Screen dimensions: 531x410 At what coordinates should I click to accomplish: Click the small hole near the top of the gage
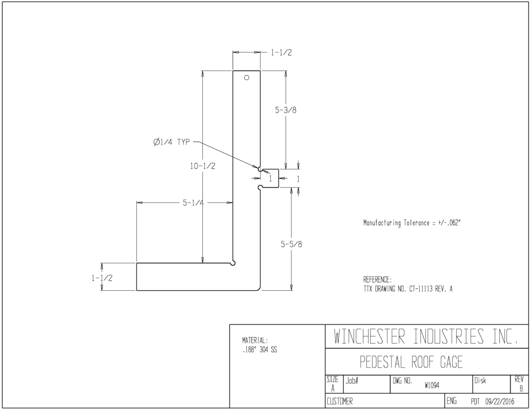point(246,78)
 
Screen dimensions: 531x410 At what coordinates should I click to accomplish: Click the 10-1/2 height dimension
point(203,166)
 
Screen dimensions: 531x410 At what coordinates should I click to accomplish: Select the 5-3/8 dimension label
point(286,110)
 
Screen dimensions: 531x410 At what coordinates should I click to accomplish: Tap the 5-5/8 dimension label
point(291,244)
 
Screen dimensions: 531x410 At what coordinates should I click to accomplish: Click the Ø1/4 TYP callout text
point(171,142)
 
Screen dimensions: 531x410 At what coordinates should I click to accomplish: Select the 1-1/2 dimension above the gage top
point(281,52)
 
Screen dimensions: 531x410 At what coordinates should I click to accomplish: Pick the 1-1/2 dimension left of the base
point(102,278)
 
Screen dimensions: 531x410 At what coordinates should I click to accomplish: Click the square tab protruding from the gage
point(270,178)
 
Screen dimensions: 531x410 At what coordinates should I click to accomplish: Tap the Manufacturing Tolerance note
point(412,223)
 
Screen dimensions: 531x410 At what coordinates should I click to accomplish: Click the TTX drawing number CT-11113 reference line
point(408,289)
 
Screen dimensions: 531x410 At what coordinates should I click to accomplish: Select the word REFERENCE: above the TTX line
point(378,280)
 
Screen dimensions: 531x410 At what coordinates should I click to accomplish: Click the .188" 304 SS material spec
point(259,350)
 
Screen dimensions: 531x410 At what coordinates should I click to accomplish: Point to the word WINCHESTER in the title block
point(369,336)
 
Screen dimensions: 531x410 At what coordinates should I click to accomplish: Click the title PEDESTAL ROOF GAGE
point(411,362)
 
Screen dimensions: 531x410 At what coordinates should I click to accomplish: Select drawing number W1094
point(432,385)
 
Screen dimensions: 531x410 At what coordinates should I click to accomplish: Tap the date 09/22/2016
point(499,402)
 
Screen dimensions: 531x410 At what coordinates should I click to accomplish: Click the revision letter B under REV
point(521,389)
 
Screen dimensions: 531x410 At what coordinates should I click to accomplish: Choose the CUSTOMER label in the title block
point(339,402)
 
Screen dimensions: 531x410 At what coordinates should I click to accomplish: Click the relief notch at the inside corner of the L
point(233,263)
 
